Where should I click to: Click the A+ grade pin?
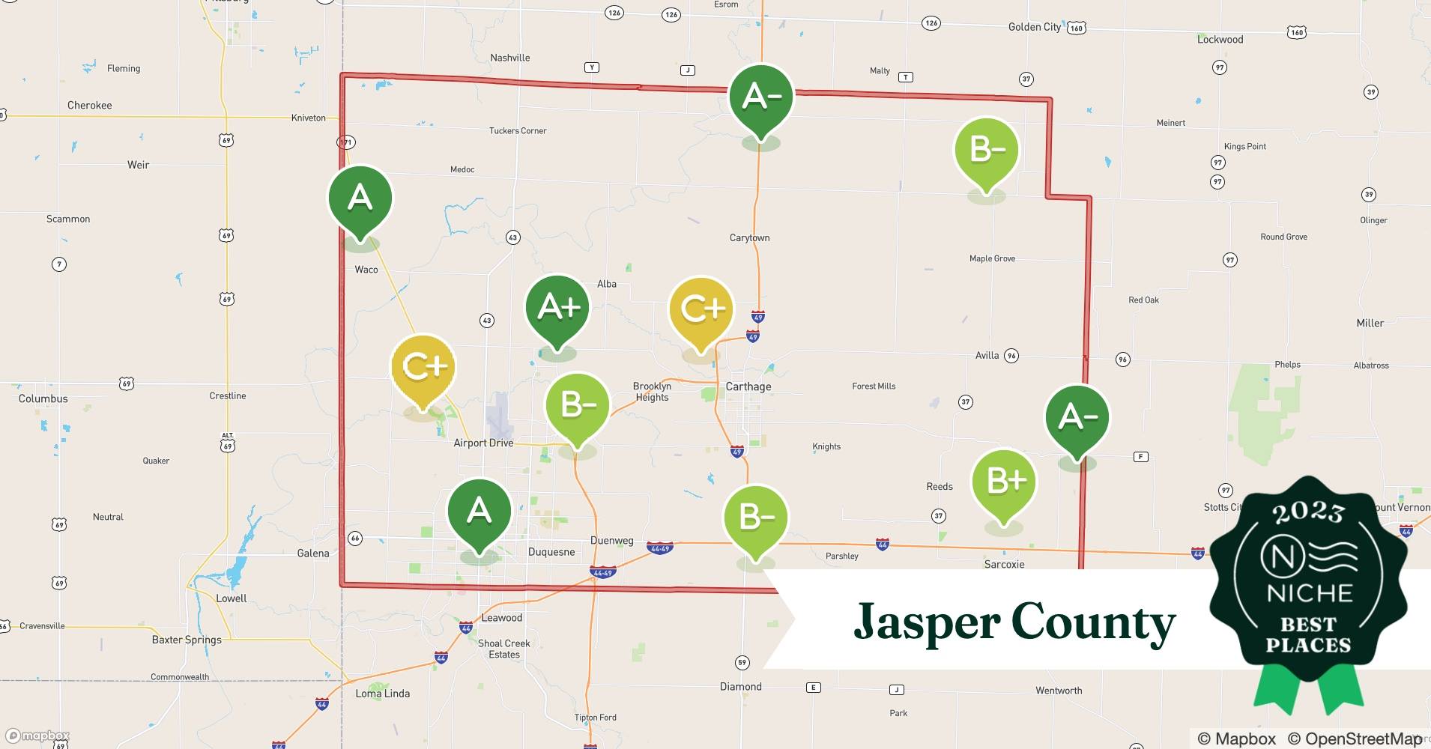coord(557,308)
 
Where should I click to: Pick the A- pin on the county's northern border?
coord(761,97)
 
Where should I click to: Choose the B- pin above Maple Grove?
coord(986,150)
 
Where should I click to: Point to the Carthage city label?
coord(748,386)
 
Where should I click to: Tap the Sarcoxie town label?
coord(1004,564)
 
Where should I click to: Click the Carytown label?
coord(749,237)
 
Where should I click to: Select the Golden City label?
coord(1034,27)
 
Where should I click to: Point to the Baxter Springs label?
coord(187,640)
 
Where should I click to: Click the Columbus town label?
coord(43,398)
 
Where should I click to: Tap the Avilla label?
coord(987,355)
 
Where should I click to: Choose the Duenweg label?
coord(611,540)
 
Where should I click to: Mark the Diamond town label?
coord(740,686)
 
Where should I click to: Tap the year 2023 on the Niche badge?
coord(1308,512)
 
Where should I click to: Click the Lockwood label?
coord(1220,40)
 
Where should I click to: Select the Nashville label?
coord(509,58)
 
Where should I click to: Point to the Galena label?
coord(312,553)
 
